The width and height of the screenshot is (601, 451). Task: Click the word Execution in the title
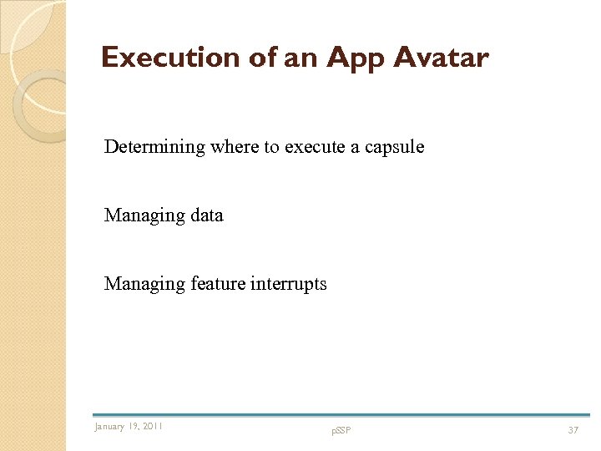click(x=170, y=58)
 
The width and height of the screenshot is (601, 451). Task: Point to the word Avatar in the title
click(x=441, y=58)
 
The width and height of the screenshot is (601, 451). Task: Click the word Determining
click(x=154, y=147)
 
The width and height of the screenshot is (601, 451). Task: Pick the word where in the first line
click(x=234, y=147)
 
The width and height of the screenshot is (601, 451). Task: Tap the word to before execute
click(x=270, y=147)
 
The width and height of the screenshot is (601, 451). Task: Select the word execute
click(x=312, y=147)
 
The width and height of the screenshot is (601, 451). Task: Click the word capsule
click(x=393, y=147)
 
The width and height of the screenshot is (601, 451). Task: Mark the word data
click(x=206, y=215)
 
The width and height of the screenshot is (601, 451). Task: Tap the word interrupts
click(x=288, y=284)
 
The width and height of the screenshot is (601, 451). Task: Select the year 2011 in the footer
click(x=153, y=427)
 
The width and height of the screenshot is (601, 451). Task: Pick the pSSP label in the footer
click(x=341, y=430)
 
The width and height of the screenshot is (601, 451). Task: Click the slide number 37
click(x=573, y=429)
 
